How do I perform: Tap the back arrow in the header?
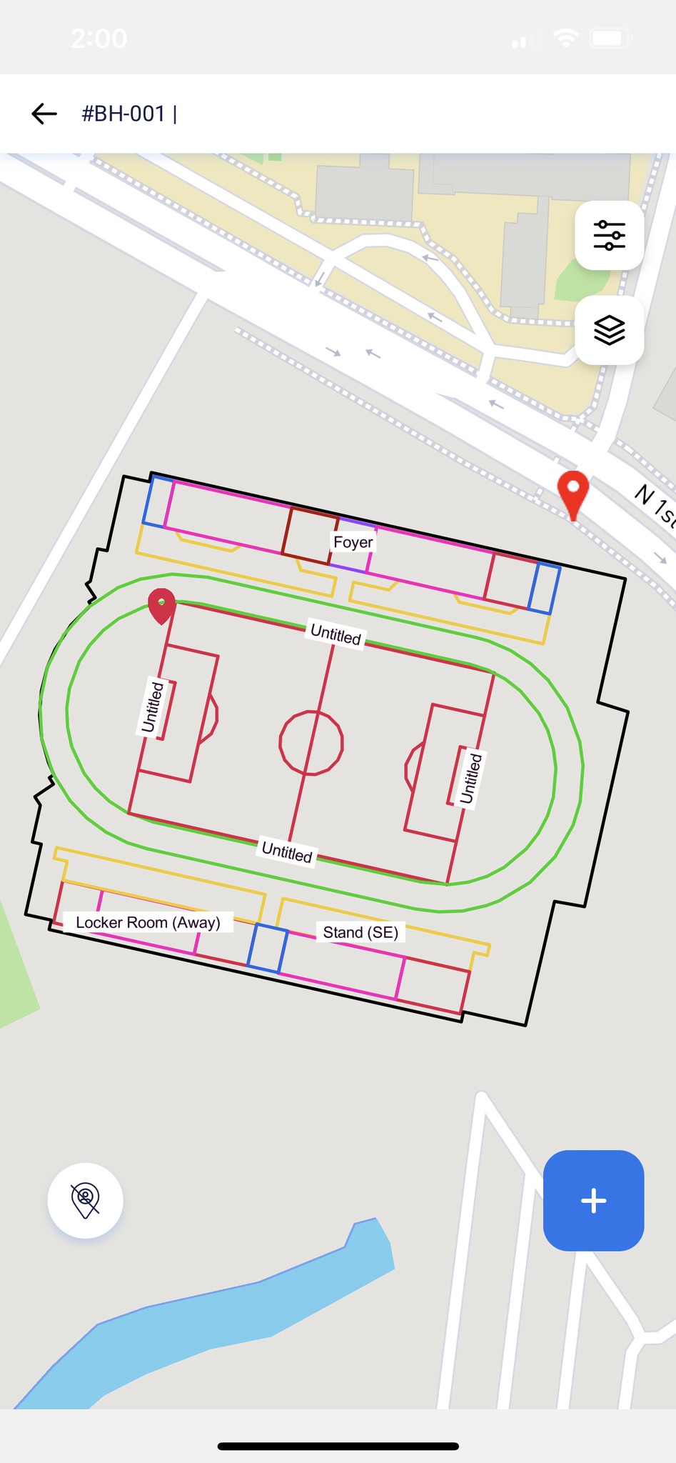44,114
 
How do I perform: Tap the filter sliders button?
609,236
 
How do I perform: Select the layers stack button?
609,331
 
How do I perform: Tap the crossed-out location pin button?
85,1200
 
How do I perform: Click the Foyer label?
353,542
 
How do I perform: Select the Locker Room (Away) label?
148,922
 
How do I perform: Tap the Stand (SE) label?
360,932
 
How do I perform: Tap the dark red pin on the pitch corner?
162,604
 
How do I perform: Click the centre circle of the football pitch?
311,743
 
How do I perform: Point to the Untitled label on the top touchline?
336,634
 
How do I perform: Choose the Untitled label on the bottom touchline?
287,852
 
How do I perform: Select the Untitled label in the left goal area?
153,707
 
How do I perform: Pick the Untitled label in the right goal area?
470,778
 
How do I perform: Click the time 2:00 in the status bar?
99,38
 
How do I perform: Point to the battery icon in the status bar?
609,38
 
